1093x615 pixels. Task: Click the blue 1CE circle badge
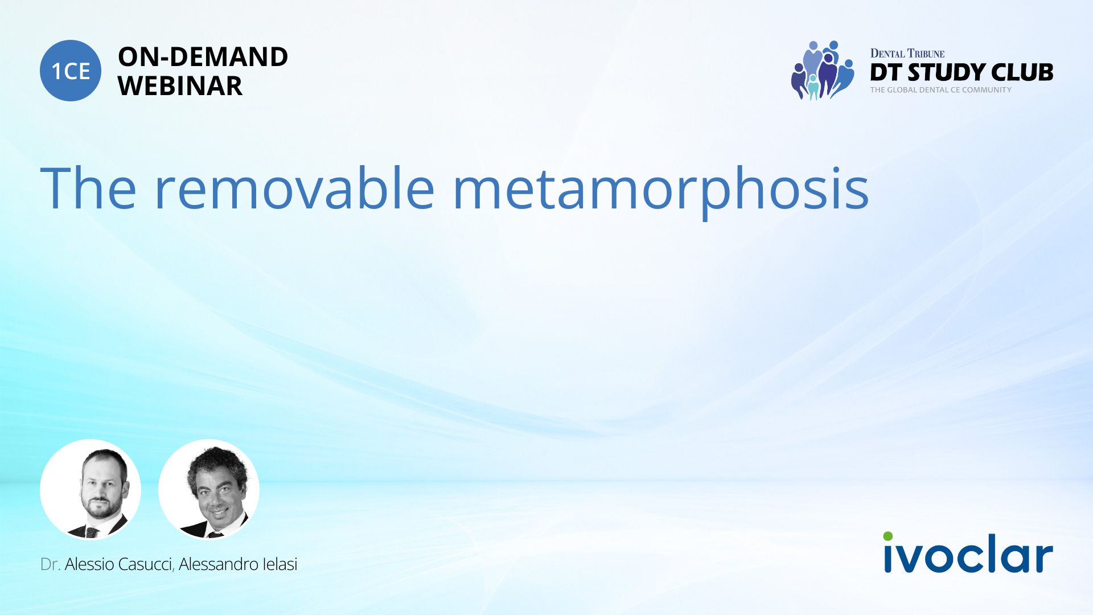coord(71,71)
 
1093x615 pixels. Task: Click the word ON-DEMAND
coord(203,57)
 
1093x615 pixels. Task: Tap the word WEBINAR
coord(180,86)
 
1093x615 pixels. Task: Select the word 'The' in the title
coord(88,188)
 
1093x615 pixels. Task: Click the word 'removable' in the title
coord(295,188)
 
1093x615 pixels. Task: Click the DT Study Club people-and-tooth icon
coord(823,71)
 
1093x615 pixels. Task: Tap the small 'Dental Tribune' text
coord(907,54)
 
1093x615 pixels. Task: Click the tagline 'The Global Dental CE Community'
coord(941,90)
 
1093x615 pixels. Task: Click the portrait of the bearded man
coord(91,489)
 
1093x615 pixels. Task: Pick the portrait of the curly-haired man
coord(209,489)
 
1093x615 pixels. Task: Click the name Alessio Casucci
coord(118,564)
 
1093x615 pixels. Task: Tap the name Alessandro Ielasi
coord(238,564)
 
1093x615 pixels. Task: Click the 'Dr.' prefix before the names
coord(50,564)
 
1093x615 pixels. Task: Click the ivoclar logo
coord(968,552)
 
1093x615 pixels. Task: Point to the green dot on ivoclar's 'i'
coord(888,536)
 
